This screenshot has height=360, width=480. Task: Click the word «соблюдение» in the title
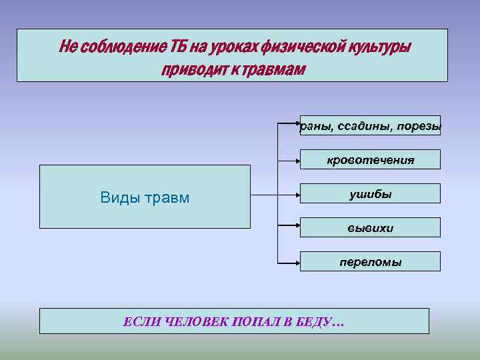tap(115, 47)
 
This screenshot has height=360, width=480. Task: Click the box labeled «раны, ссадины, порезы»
tap(370, 125)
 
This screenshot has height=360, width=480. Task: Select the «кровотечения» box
tap(370, 160)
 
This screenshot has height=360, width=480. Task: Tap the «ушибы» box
tap(370, 194)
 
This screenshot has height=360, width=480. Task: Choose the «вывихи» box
tap(370, 228)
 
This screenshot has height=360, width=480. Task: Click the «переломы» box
tap(370, 262)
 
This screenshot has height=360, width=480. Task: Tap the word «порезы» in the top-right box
tap(419, 126)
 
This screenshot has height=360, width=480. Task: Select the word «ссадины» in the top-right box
tap(370, 126)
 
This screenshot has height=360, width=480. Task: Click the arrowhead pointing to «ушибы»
tap(296, 196)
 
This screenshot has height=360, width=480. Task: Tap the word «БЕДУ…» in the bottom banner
tap(323, 322)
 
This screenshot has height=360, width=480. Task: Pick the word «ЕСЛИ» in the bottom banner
tap(141, 322)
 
